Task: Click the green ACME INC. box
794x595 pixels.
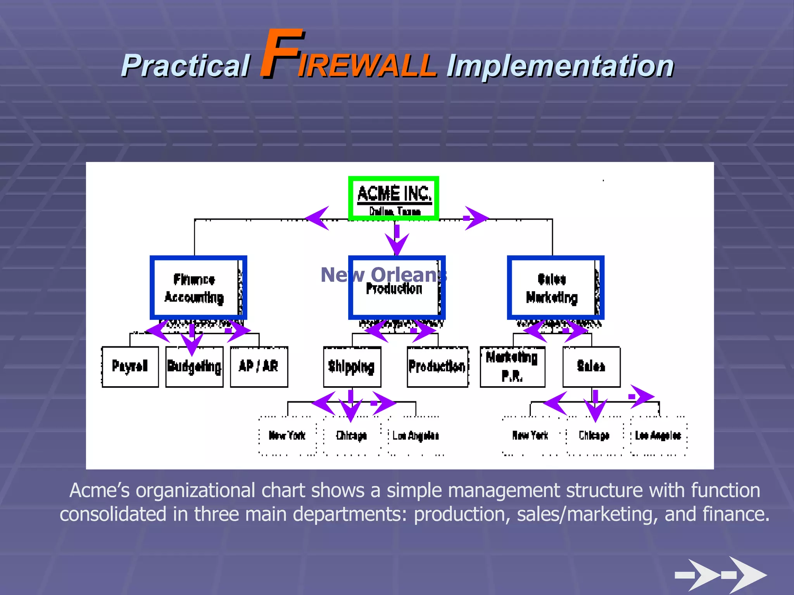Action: pos(394,199)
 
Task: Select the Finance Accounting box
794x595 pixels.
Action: pos(198,288)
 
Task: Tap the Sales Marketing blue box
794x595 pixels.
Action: pos(555,288)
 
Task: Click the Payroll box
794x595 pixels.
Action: pos(130,366)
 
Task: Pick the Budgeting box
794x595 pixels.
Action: pos(195,366)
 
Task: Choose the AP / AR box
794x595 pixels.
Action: pos(259,366)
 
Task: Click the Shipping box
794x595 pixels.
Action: pos(352,366)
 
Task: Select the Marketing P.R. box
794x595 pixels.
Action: pos(513,366)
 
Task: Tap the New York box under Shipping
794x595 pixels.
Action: pos(287,436)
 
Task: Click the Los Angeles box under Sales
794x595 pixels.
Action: pos(658,436)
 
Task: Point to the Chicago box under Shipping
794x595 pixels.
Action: pos(352,436)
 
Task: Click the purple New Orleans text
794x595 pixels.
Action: pos(384,275)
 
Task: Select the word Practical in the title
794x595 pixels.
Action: pos(185,66)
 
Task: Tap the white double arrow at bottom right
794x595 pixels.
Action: pos(721,574)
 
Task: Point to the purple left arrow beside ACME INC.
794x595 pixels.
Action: pos(318,218)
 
